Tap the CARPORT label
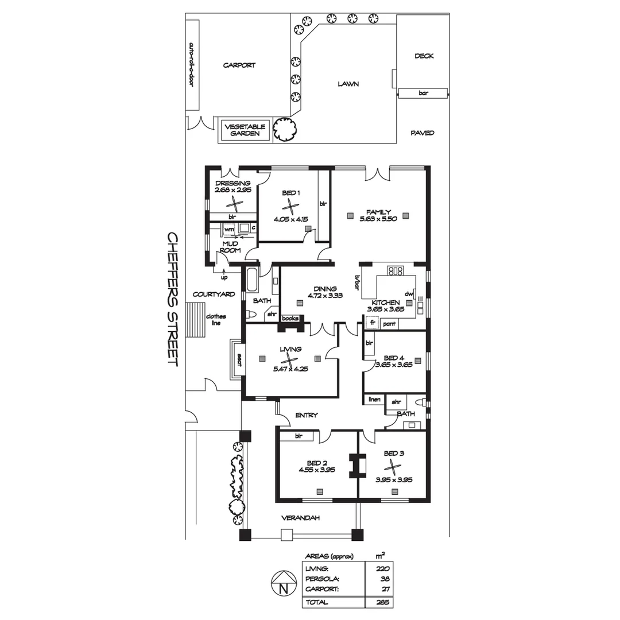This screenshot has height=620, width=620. click(x=239, y=65)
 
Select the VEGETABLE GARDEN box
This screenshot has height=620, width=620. click(x=245, y=130)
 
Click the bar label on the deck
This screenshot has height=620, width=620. click(x=424, y=93)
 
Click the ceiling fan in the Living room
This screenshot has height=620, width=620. click(x=291, y=361)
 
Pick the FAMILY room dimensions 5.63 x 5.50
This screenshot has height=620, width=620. click(x=378, y=219)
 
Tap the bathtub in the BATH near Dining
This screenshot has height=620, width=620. click(x=252, y=281)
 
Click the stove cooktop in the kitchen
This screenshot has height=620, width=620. click(x=396, y=270)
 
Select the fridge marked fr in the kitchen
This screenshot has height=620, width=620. click(x=372, y=323)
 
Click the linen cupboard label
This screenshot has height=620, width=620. click(x=374, y=400)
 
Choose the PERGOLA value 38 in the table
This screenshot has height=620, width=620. click(x=385, y=579)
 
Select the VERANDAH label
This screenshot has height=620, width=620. click(x=300, y=518)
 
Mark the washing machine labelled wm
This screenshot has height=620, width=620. click(x=230, y=229)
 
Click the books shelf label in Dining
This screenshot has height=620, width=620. click(x=290, y=317)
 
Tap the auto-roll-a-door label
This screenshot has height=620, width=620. click(x=192, y=64)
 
